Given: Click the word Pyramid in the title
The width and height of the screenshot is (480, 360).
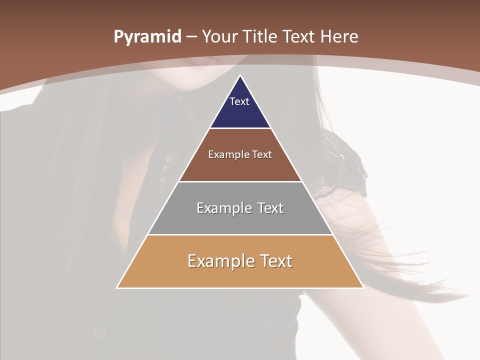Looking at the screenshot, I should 147,36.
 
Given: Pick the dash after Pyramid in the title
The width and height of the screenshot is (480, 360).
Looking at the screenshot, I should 191,37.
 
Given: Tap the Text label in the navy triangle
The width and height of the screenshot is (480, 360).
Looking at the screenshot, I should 239,101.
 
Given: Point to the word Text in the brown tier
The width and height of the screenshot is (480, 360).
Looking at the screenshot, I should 262,154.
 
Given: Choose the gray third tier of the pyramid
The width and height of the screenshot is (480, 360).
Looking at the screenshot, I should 240,220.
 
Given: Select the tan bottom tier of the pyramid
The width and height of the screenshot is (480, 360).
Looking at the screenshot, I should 240,275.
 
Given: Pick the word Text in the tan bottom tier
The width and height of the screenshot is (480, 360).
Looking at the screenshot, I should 275,261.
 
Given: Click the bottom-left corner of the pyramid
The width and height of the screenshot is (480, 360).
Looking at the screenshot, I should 117,287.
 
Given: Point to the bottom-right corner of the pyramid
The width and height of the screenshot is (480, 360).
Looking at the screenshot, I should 363,287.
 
